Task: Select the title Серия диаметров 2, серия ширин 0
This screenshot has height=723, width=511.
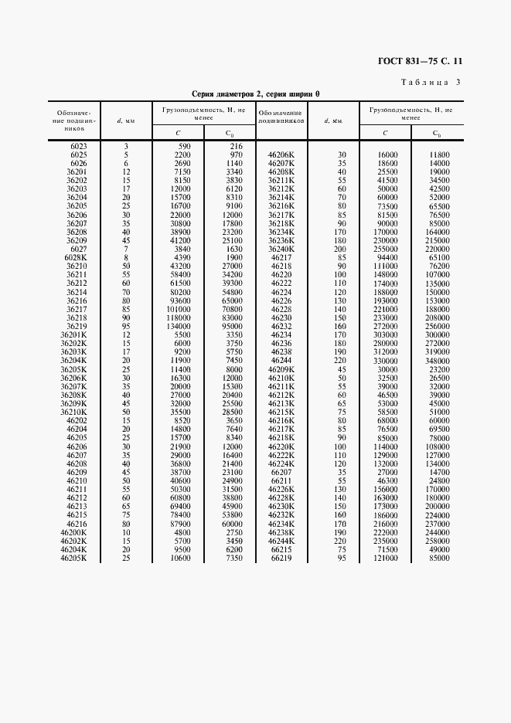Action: click(x=255, y=93)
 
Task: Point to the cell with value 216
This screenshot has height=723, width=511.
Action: click(x=237, y=146)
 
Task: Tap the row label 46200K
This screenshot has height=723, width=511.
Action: click(x=74, y=534)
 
